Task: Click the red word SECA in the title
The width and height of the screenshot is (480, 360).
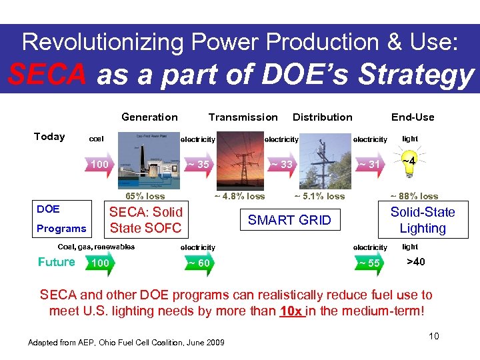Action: coord(47,75)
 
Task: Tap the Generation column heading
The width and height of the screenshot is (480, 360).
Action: coord(149,117)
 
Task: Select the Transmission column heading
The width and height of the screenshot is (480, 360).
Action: coord(243,117)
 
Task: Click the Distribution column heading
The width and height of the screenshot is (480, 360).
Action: coord(323,117)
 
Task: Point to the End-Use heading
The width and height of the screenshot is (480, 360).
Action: coord(412,117)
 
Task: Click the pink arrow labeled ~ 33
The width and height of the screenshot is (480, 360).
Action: coord(281,165)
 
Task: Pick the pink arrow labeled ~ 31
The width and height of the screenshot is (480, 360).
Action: coord(369,165)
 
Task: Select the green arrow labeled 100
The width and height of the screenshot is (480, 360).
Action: coord(101,263)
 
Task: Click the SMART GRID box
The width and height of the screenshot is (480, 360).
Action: coord(289,221)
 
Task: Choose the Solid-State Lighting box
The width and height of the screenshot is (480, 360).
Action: coord(422,221)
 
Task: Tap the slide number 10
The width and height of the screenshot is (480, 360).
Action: coord(433,336)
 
